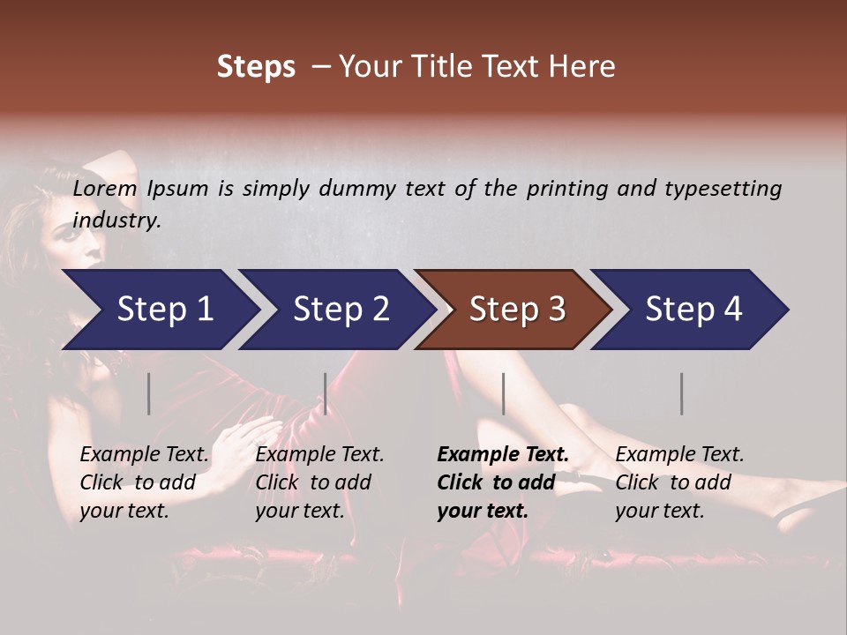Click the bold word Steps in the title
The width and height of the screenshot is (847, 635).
tap(256, 67)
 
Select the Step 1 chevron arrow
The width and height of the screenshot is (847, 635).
tap(159, 310)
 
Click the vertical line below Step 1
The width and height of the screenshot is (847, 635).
tap(149, 393)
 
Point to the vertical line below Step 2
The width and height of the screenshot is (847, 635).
tap(326, 393)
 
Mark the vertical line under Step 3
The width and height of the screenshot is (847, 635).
tap(503, 393)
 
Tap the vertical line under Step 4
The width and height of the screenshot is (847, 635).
tap(681, 393)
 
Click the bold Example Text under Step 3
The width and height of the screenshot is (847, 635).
tap(503, 455)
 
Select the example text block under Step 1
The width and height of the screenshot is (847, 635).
tap(144, 482)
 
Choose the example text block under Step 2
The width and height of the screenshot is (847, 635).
tap(319, 482)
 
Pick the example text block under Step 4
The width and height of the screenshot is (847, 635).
tap(679, 482)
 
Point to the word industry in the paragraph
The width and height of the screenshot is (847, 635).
tap(116, 220)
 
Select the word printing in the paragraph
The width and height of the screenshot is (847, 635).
tap(559, 189)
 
